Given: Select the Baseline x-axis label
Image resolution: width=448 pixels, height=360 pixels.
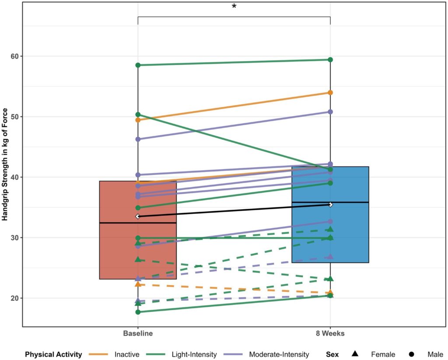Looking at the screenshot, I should (x=138, y=334).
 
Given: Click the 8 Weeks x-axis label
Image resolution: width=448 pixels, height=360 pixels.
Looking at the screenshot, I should (x=330, y=334).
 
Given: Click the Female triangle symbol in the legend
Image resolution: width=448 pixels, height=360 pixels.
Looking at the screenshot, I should (x=355, y=354).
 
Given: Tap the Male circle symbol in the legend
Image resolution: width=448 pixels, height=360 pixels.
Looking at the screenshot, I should (x=412, y=354).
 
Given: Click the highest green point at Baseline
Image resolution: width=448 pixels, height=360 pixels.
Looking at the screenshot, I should (x=138, y=65).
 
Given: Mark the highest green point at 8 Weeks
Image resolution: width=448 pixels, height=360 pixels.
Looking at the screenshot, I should (x=330, y=59).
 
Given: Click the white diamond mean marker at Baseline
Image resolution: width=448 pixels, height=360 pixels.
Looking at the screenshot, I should (x=138, y=217).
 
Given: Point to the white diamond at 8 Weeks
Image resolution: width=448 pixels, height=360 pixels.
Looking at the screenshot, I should (x=330, y=205).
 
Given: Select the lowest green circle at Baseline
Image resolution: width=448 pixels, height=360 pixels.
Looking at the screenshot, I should (x=138, y=312).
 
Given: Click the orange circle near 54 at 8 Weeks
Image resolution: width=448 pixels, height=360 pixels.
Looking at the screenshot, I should (x=330, y=93).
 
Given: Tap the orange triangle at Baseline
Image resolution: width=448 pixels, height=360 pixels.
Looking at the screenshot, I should (x=138, y=284).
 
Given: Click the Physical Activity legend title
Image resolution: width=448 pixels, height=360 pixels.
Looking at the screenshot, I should (x=53, y=354).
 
